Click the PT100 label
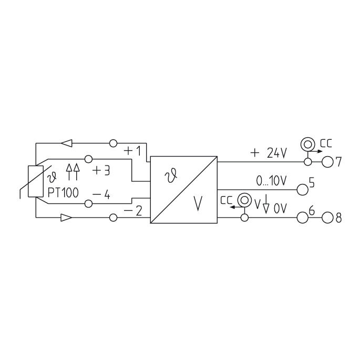pos(63,192)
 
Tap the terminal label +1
pos(132,151)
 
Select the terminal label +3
pos(102,171)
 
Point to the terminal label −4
pos(101,194)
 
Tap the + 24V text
pos(269,153)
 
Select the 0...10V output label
pos(271,181)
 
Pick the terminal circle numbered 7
pos(327,161)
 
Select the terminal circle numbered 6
pos(302,217)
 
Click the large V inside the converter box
pos(198,204)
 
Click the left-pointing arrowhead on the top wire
pos(66,143)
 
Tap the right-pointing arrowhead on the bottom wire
pos(66,217)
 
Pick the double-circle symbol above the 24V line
pos(306,143)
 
